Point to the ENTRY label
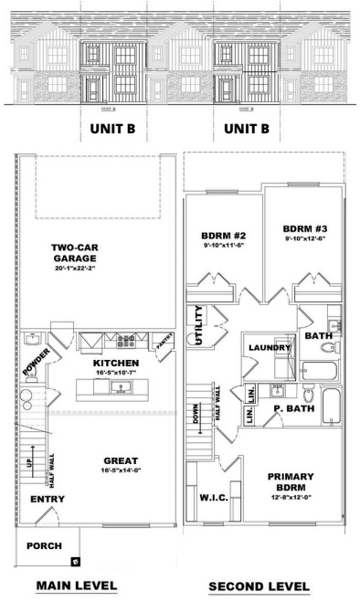coord(48,500)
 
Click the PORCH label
coord(45,546)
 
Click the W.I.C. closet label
coord(212,497)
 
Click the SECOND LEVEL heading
coord(259,586)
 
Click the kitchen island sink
coord(118,388)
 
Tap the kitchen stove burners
coord(125,343)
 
